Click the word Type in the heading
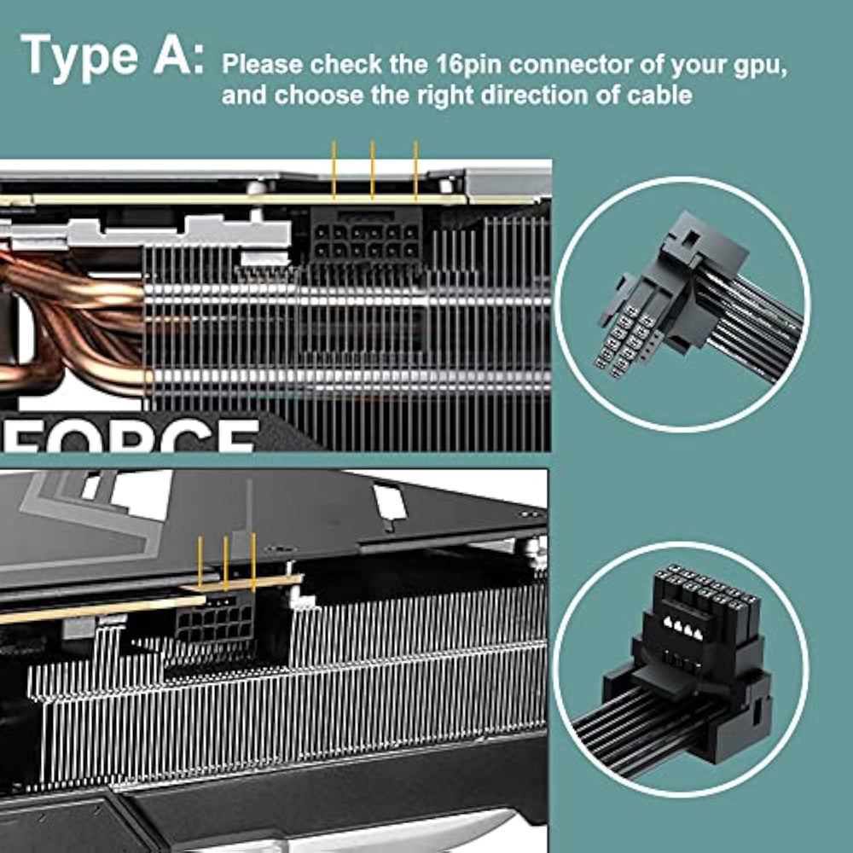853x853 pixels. click(x=78, y=57)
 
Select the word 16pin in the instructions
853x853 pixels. click(x=471, y=64)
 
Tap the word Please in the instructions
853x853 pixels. click(x=263, y=64)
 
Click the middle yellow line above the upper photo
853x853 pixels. click(x=373, y=169)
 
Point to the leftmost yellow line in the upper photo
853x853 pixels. click(x=334, y=169)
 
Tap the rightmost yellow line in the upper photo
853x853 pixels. click(x=415, y=170)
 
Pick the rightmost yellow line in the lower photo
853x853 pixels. click(x=253, y=562)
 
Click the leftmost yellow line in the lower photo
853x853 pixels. click(x=200, y=561)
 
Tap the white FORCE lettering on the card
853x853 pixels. click(x=131, y=435)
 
